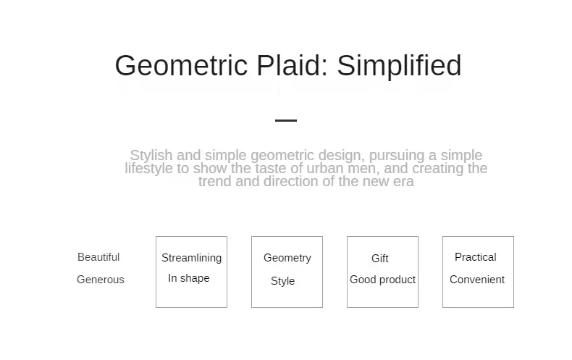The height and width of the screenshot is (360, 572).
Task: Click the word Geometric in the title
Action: tap(181, 66)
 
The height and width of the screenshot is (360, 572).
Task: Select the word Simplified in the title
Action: tap(399, 66)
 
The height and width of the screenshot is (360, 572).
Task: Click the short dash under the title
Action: tap(286, 120)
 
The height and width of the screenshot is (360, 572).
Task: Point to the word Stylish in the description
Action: tap(151, 156)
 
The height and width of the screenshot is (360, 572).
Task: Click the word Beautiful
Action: tap(98, 257)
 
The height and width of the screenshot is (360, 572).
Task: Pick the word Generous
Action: tap(101, 280)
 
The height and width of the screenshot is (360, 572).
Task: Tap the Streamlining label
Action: tap(192, 258)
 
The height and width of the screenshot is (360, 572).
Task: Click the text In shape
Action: tap(188, 278)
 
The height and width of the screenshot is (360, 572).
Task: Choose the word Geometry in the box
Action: tap(287, 258)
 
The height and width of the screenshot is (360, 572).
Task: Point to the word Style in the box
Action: tap(282, 281)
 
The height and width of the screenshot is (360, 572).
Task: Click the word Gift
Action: tap(379, 259)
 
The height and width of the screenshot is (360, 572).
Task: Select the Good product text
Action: tap(383, 280)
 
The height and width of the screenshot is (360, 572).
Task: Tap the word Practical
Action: tap(475, 257)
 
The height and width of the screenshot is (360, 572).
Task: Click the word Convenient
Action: tap(477, 280)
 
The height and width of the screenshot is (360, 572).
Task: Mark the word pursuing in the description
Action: tap(397, 156)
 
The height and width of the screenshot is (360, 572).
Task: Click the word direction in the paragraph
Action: tap(292, 182)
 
